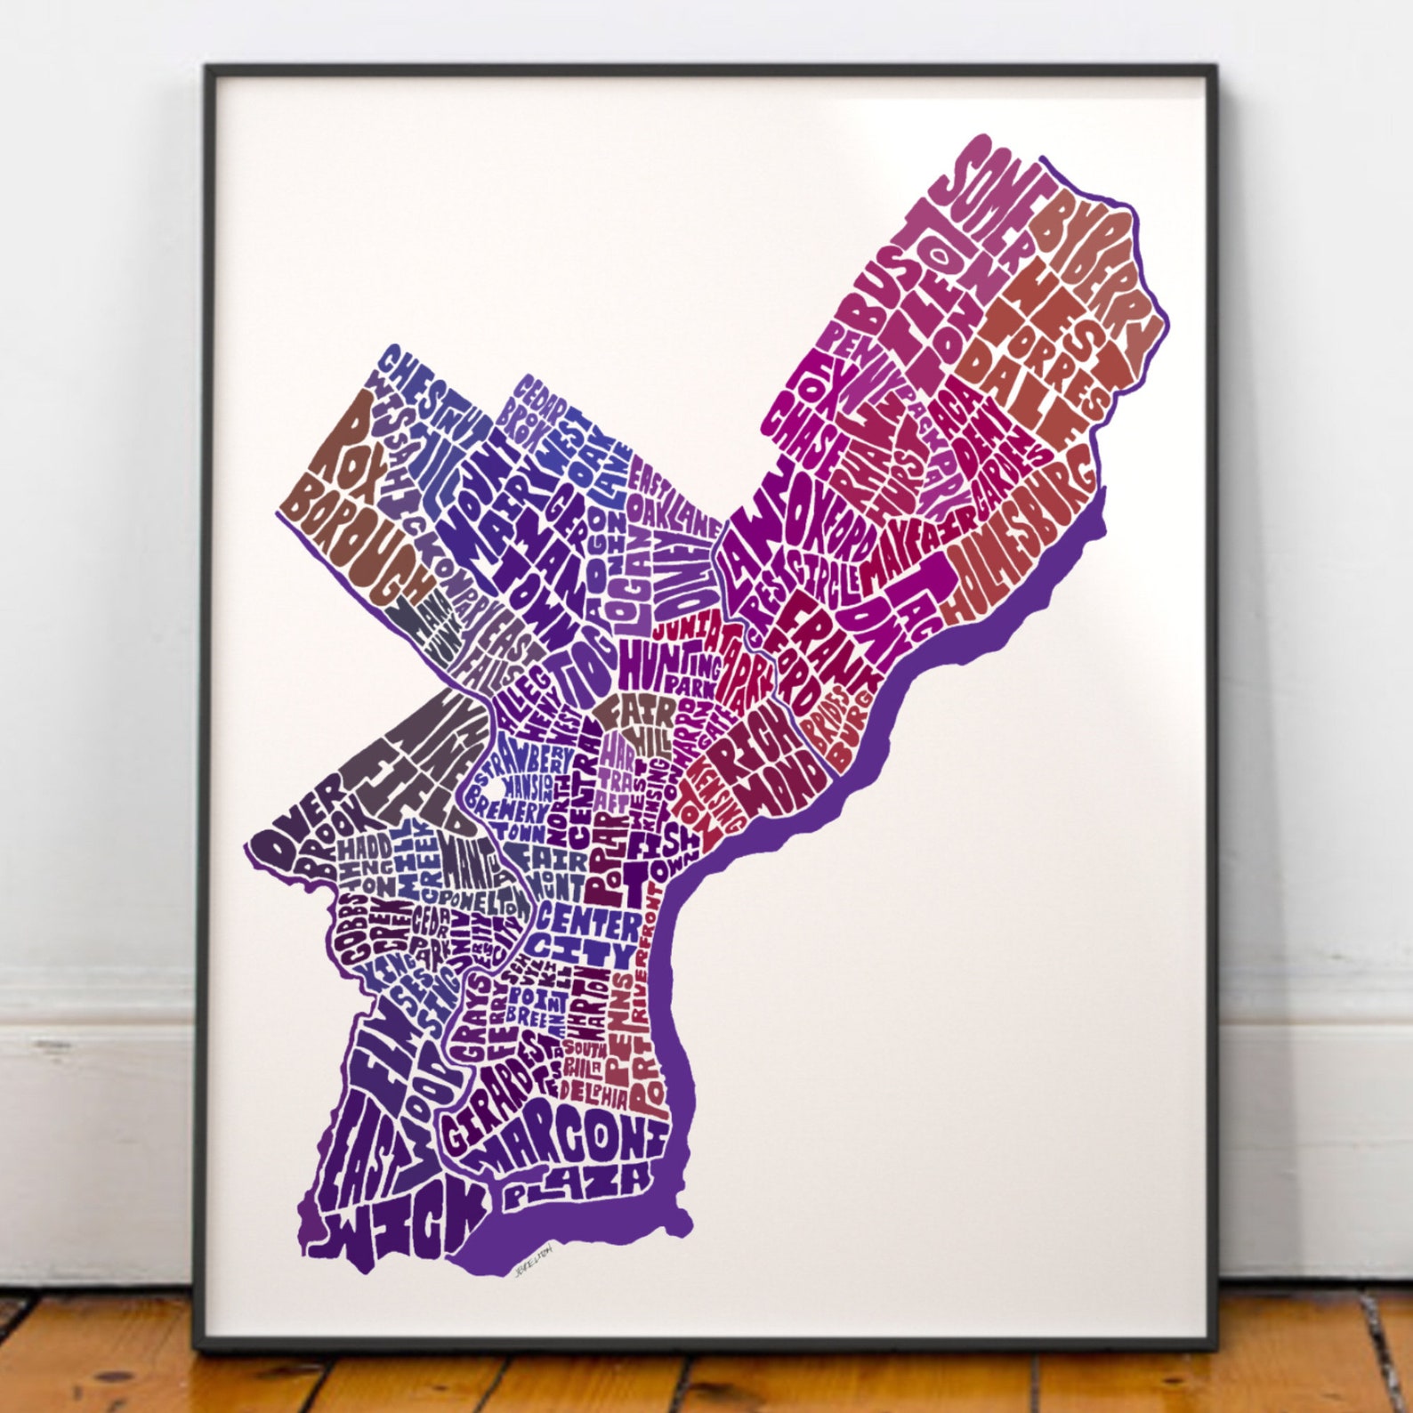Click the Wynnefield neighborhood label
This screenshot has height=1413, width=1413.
(423, 765)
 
